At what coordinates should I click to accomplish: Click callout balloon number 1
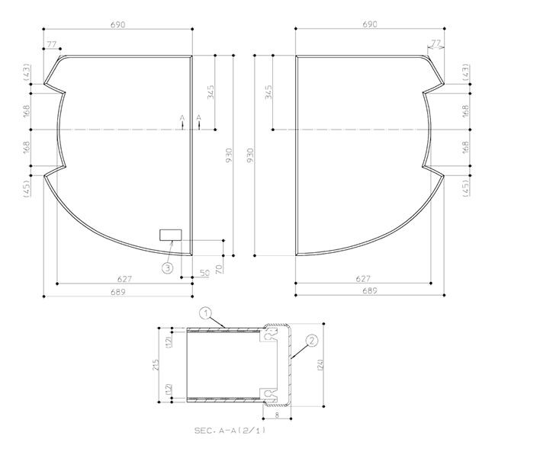[206, 313]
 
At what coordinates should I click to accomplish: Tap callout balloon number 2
[312, 341]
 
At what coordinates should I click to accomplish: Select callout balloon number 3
[168, 267]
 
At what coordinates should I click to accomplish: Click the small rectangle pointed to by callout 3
[171, 235]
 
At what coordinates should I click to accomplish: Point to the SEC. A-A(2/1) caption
[230, 430]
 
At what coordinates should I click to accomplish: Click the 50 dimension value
[204, 274]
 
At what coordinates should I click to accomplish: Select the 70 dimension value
[220, 269]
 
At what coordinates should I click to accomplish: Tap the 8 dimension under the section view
[277, 415]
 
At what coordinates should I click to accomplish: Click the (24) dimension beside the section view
[320, 364]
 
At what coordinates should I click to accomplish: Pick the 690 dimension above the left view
[118, 25]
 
